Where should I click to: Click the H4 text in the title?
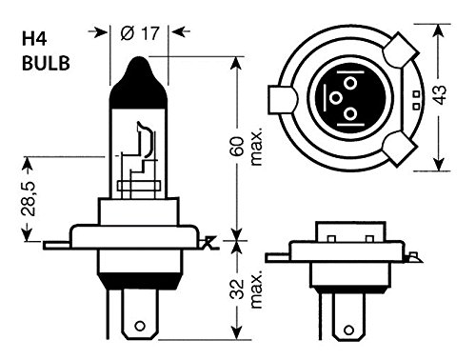click(34, 38)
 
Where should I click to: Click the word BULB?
click(46, 63)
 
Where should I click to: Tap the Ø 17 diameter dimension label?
click(140, 33)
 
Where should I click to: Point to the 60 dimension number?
click(237, 146)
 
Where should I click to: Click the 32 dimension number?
click(237, 290)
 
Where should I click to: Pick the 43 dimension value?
click(441, 94)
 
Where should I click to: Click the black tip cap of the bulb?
click(138, 83)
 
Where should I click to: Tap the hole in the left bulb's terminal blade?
click(140, 326)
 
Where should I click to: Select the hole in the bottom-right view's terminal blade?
click(348, 330)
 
